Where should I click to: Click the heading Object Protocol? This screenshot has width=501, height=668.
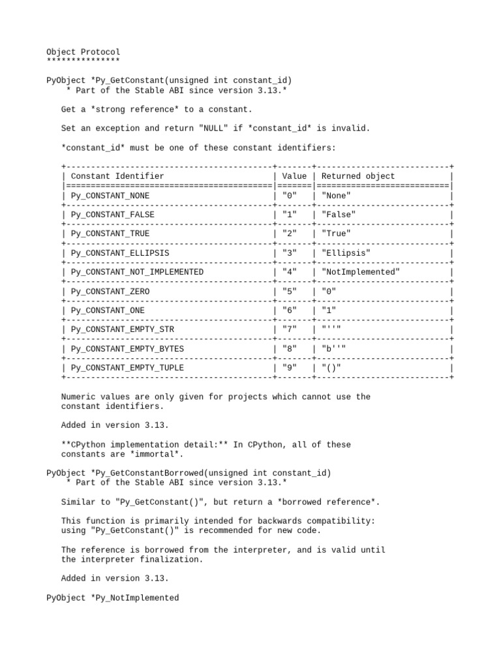pos(83,52)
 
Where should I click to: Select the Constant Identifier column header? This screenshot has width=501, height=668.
pos(117,176)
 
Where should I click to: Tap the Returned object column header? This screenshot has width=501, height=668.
pos(358,176)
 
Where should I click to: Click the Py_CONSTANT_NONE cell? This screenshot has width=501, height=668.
pos(110,196)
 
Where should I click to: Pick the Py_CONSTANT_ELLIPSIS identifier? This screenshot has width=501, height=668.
pos(120,253)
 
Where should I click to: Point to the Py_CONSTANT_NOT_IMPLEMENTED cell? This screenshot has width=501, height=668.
pos(137,272)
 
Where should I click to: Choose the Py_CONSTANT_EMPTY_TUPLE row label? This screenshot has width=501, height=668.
pos(127,368)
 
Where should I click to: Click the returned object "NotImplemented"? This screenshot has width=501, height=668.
pos(361,272)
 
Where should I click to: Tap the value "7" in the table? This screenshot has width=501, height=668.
pos(290,329)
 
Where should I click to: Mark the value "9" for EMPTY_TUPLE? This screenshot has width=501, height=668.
pos(290,368)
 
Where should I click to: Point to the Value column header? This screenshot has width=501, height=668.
pos(294,176)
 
